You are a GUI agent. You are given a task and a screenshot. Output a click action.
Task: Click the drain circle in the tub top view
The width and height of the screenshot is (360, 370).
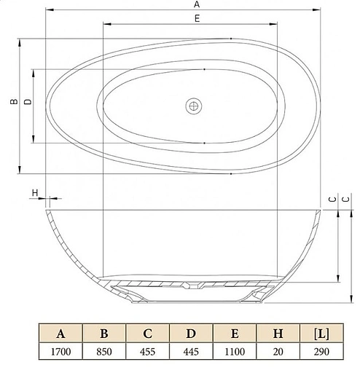193,106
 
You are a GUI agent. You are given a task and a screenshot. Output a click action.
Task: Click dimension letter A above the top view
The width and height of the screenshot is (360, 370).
197,4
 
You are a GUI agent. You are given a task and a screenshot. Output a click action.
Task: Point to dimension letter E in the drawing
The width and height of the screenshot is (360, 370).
197,20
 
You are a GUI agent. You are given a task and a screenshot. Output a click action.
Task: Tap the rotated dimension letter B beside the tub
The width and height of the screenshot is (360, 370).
12,103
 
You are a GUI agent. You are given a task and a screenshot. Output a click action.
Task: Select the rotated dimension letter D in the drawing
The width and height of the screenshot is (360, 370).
27,103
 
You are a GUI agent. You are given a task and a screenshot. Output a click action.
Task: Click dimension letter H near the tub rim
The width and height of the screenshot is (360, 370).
34,192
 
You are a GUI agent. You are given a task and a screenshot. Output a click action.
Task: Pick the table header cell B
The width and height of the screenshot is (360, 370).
104,334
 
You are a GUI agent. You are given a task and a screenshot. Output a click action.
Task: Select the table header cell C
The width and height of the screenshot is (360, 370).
147,334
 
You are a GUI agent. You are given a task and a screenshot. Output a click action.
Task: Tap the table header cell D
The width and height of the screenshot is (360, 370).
190,334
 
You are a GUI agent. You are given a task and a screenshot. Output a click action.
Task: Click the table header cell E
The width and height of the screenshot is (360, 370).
233,334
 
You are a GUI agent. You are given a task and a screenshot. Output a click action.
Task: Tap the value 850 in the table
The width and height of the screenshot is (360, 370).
104,352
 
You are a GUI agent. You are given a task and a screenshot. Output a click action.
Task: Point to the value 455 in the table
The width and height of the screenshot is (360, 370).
147,352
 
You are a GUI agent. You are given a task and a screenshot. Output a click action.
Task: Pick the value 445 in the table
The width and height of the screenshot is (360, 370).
190,352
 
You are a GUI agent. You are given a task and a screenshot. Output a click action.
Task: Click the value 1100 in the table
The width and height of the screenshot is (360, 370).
233,352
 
